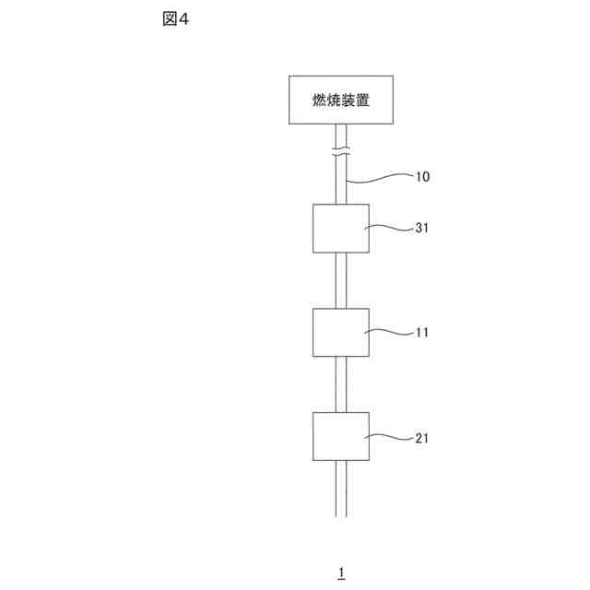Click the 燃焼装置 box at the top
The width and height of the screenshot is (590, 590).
coord(341,99)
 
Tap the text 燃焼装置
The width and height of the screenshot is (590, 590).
coord(341,99)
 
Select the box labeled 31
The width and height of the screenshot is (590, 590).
coord(340,228)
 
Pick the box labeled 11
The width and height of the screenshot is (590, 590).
coord(340,332)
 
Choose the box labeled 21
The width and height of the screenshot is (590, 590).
coord(340,436)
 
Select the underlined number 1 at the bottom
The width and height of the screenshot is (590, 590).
coord(341,572)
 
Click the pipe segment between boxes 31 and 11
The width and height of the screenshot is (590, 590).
coord(341,280)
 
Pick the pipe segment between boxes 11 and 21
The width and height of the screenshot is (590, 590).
coord(341,384)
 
